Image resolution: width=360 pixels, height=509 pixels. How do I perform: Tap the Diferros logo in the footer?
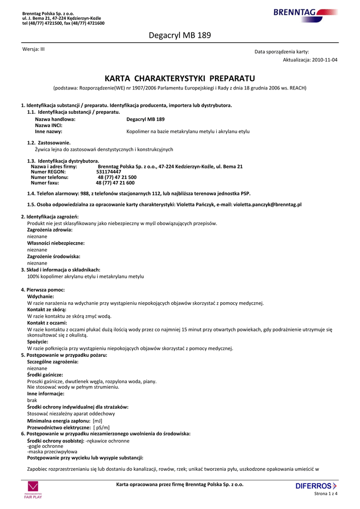pos(316,486)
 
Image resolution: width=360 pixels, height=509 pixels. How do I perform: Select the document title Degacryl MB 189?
pos(180,35)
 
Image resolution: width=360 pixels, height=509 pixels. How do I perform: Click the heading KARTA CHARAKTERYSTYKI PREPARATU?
pos(180,79)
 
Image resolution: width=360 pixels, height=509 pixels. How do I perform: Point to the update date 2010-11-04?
pos(324,60)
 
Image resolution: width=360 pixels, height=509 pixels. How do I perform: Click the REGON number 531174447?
pos(109,171)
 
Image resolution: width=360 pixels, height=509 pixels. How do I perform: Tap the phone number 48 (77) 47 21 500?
pos(117,177)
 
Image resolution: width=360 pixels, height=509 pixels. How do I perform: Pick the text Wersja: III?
pos(34,49)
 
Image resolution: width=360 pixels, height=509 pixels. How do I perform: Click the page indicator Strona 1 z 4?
pos(326,494)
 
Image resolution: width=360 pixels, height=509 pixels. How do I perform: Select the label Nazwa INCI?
pos(49,125)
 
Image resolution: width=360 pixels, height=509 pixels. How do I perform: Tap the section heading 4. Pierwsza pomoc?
pos(43,290)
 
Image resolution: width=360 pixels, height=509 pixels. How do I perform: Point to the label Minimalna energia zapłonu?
pos(59,421)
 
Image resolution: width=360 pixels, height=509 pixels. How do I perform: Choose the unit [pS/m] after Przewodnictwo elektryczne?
pos(101,427)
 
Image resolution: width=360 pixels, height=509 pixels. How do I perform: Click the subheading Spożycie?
pos(38,342)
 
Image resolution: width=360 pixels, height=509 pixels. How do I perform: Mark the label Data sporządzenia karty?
pos(281,52)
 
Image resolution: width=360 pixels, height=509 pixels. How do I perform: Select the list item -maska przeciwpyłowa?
pos(49,452)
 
